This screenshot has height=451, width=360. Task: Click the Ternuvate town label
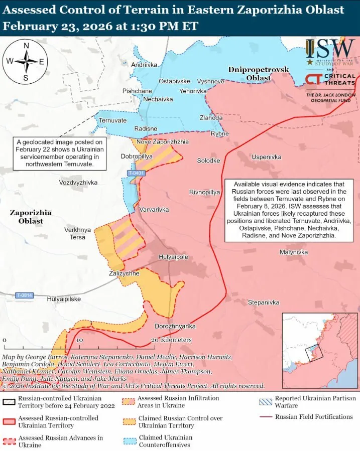(x=112, y=120)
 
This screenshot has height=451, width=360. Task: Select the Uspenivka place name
(x=266, y=157)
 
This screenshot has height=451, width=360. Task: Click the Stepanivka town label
(x=264, y=303)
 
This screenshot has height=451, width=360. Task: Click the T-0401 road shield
(x=136, y=173)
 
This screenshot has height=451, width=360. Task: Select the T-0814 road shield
(x=24, y=295)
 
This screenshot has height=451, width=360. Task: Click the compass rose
(x=25, y=62)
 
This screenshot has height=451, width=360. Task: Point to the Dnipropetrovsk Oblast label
(x=257, y=73)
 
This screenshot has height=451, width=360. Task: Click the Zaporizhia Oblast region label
(x=30, y=217)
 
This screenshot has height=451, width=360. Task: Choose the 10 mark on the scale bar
(x=79, y=340)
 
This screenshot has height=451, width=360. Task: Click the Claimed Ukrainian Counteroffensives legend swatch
(x=128, y=441)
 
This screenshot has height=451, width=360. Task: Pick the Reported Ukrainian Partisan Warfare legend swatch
(x=265, y=401)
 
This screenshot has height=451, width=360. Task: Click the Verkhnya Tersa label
(x=78, y=233)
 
